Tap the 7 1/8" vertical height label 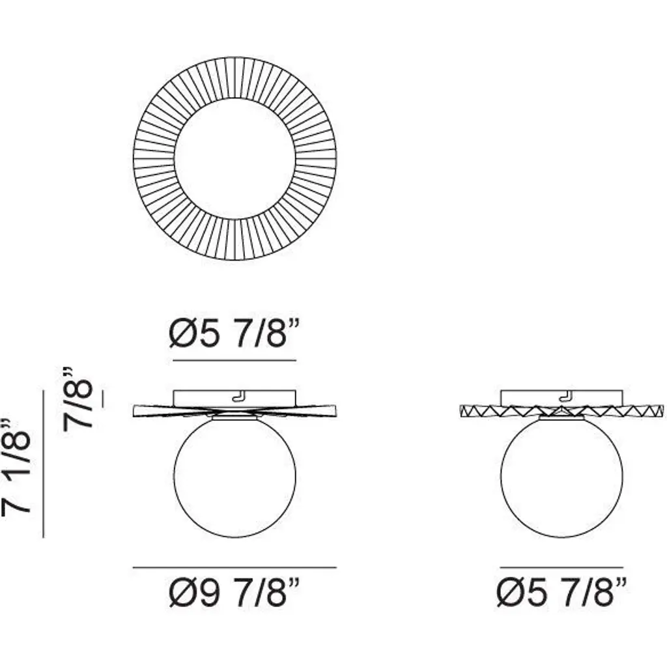(17, 466)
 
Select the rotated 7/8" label (78, 399)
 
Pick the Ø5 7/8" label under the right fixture (561, 594)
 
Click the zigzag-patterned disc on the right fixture (561, 410)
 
